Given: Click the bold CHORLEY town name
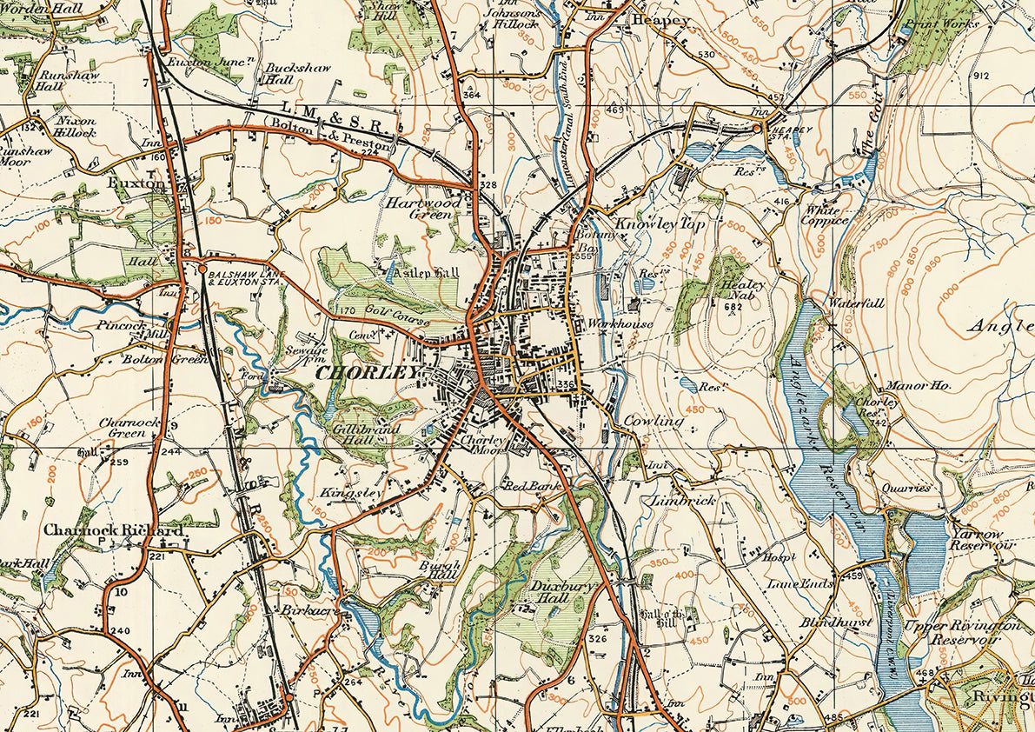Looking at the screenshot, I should (x=368, y=373).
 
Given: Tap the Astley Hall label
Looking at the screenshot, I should (x=426, y=273).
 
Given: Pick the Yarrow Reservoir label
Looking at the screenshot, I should (x=982, y=539).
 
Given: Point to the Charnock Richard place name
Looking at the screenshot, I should (x=113, y=529).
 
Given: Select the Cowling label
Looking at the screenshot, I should (x=654, y=421).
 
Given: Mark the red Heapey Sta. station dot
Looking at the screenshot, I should (x=756, y=128).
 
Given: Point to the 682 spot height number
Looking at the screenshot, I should (x=735, y=306).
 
